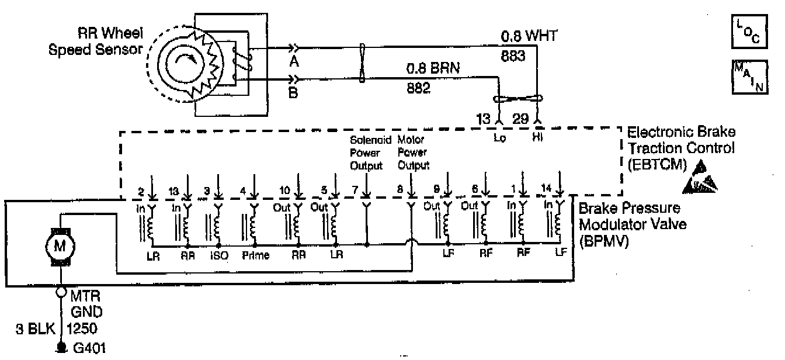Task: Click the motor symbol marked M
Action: pyautogui.click(x=60, y=246)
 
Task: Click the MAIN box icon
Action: pyautogui.click(x=745, y=74)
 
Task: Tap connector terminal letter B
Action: pyautogui.click(x=294, y=92)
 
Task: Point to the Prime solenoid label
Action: pyautogui.click(x=255, y=255)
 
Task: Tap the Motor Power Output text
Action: pyautogui.click(x=413, y=153)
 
